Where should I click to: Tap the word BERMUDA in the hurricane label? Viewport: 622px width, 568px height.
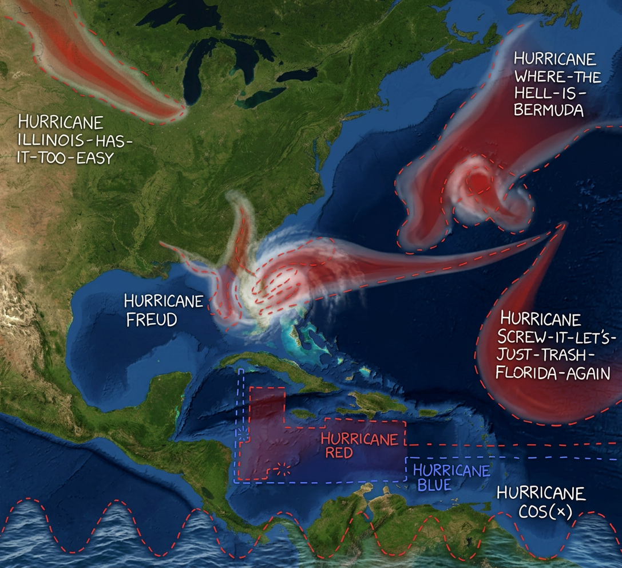point(548,110)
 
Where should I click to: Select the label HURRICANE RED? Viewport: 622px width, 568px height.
point(359,446)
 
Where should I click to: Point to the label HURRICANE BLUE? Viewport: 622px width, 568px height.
point(451,478)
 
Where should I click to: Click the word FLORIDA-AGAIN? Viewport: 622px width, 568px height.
point(552,373)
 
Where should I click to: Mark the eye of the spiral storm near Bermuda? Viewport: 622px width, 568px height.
point(476,182)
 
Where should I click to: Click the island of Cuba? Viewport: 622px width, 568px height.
point(286,373)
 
